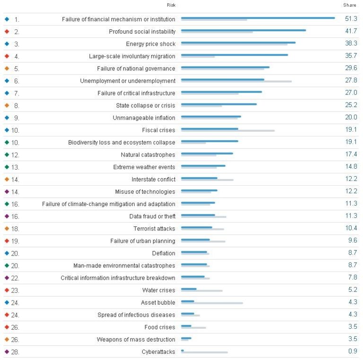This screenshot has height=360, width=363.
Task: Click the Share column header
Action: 350,5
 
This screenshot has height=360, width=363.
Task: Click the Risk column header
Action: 171,5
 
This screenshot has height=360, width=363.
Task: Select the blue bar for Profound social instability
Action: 243,30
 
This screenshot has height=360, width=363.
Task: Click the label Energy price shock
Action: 150,44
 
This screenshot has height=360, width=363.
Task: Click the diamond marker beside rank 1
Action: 7,19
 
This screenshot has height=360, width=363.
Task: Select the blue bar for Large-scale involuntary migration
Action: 234,55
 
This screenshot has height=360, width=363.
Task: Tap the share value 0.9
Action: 352,352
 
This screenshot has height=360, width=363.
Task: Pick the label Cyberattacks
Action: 158,352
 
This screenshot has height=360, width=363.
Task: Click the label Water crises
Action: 158,291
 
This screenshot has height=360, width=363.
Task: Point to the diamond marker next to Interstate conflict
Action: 7,180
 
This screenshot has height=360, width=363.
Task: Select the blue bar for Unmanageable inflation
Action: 211,116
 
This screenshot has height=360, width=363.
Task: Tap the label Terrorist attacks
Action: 154,229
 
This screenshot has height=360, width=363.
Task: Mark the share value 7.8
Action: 352,278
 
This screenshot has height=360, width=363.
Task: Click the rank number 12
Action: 16,155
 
